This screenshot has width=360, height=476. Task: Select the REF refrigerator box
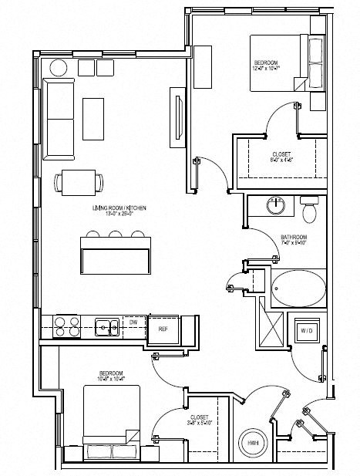[x=163, y=329]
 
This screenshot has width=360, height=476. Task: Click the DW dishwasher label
[x=133, y=322]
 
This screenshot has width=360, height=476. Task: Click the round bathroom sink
[x=276, y=206]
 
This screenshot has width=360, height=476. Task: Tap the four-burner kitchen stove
[x=66, y=328]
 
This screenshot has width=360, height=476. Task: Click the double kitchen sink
[x=106, y=328]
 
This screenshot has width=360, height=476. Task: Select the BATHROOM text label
[x=294, y=237]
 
